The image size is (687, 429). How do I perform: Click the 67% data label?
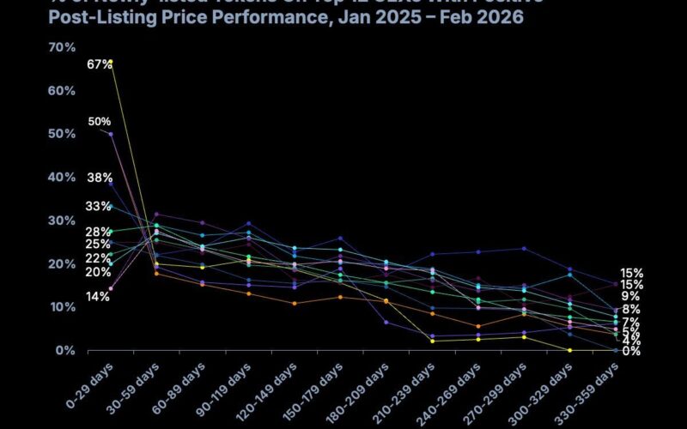coord(99,65)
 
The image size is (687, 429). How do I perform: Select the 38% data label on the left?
coord(99,178)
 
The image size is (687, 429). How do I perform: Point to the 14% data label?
coord(99,297)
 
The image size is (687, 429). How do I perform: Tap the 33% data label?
coord(99,207)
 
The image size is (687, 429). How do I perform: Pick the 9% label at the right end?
coord(630,296)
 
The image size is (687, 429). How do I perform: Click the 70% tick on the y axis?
coord(37,47)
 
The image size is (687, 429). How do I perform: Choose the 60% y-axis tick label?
coord(37,90)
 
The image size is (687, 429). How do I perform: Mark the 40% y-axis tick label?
coord(37,177)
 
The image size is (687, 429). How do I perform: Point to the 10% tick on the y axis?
coord(37,307)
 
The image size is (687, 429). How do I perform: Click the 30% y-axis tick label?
coord(37,221)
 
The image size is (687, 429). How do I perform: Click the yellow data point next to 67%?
coord(111,62)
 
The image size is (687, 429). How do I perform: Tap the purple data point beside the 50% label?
coord(111,134)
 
